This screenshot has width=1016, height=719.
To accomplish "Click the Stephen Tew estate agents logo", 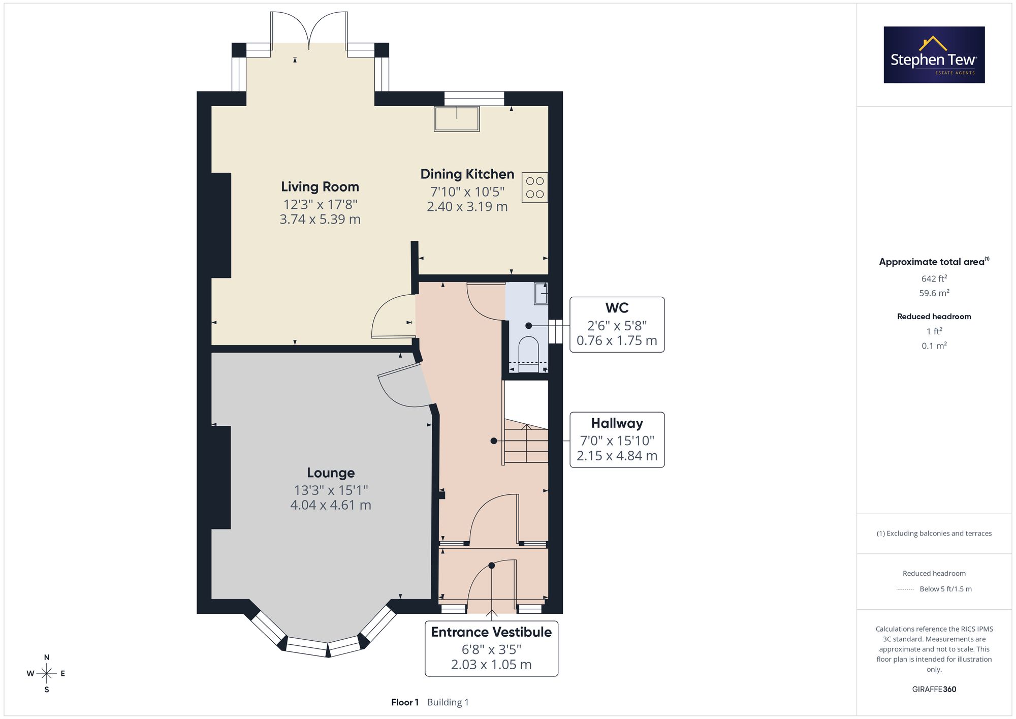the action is click(934, 55).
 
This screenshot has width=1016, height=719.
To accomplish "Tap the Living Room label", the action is click(320, 187).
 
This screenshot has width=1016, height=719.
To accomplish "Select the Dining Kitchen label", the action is click(467, 174).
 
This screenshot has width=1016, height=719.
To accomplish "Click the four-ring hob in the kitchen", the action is click(535, 187).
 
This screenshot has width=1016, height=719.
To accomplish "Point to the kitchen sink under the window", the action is click(457, 119).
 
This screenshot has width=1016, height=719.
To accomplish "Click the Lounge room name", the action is click(331, 473).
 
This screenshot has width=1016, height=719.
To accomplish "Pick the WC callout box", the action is click(617, 325).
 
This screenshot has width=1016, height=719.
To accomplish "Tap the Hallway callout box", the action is click(617, 440).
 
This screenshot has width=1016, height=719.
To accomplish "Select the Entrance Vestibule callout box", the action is click(491, 648).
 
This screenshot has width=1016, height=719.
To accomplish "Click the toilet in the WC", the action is click(528, 353).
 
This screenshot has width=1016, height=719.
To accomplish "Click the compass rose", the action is click(47, 674).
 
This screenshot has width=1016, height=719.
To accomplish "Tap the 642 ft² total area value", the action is click(934, 278).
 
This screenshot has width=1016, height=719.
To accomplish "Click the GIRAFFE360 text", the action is click(934, 690).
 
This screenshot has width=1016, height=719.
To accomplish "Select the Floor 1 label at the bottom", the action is click(405, 702).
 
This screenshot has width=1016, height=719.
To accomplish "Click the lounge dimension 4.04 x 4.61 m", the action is click(331, 505).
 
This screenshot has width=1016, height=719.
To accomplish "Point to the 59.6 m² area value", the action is click(934, 293).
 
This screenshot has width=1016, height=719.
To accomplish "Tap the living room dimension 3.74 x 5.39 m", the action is click(320, 220).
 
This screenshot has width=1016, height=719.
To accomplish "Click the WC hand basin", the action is click(541, 294).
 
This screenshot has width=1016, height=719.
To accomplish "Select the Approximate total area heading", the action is click(934, 262).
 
